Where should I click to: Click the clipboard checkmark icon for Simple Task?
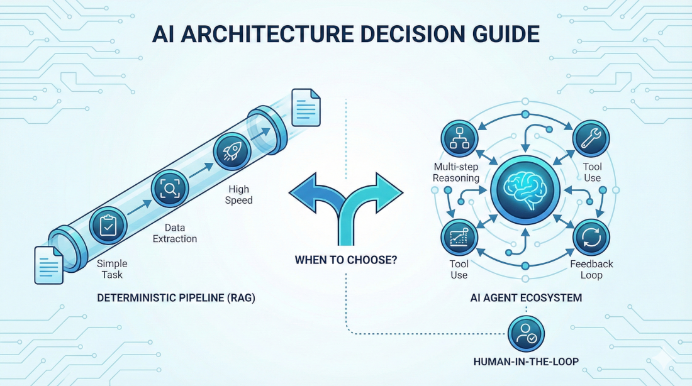tap(107, 226)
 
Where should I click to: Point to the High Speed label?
tap(238, 194)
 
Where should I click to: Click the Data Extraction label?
tap(176, 233)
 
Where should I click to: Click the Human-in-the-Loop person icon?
tap(525, 333)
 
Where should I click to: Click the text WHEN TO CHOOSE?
tap(345, 259)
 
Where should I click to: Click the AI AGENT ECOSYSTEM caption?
tap(525, 298)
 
